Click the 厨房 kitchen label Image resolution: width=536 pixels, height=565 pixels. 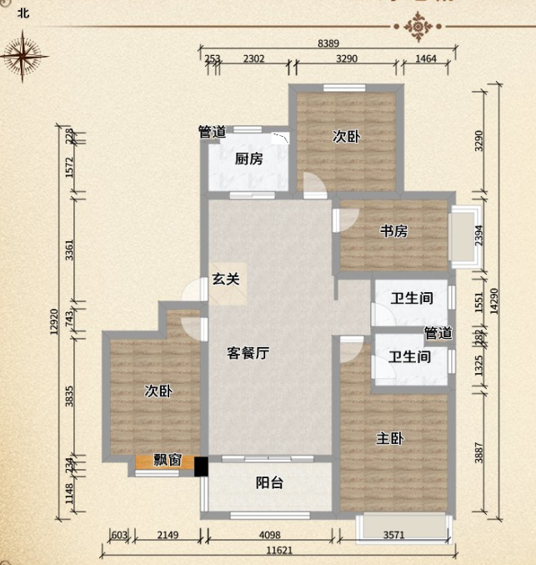(249, 159)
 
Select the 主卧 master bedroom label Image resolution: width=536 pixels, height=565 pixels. (390, 438)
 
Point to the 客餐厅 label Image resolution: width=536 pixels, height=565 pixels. (248, 353)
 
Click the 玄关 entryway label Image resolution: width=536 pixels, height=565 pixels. (225, 280)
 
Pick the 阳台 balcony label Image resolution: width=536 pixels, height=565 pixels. (268, 482)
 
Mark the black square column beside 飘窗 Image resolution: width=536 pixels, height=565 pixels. (201, 465)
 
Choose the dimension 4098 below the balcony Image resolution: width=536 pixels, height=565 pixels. (274, 537)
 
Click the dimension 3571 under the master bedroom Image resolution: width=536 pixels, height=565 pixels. (398, 537)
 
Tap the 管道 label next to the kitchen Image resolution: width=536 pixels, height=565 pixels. (212, 132)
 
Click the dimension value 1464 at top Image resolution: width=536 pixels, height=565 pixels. (425, 58)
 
